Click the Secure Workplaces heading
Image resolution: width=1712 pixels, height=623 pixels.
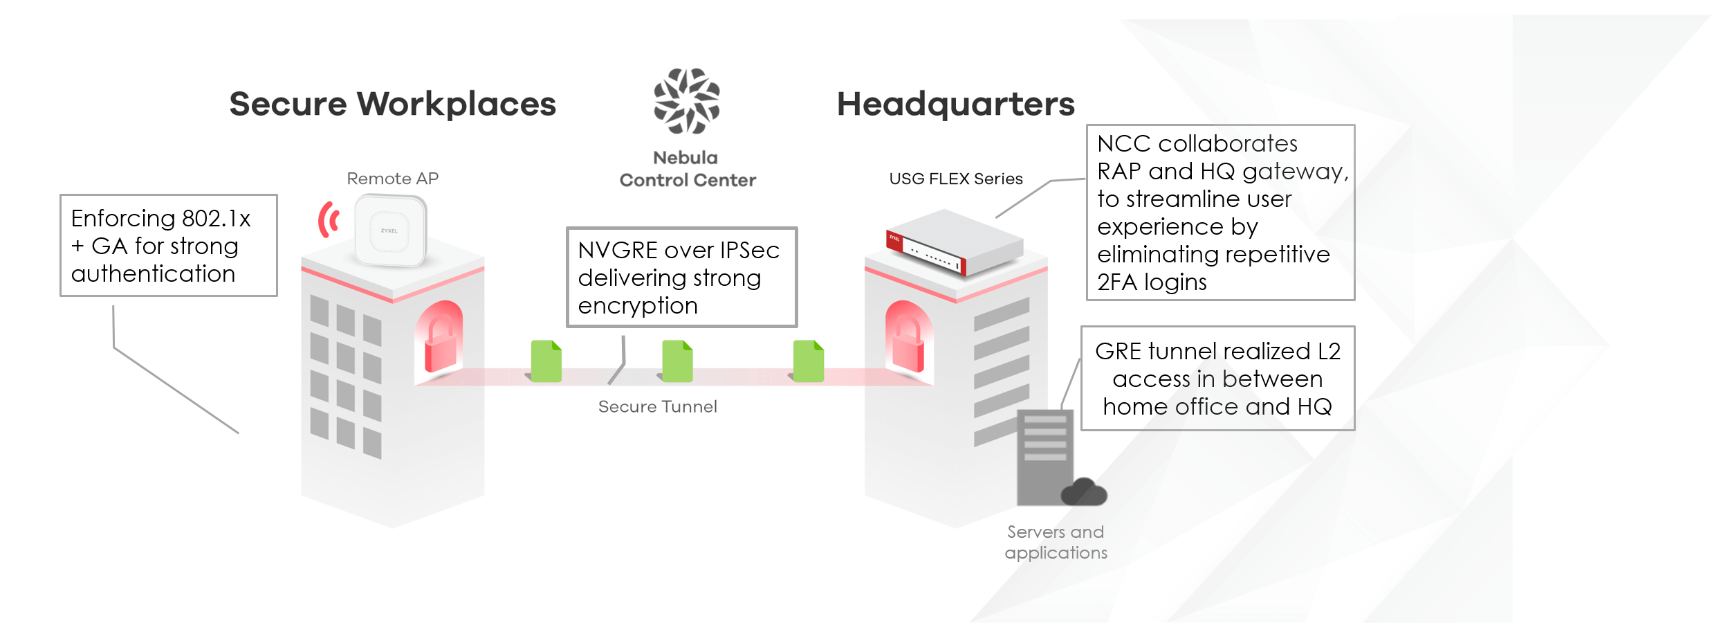click(x=393, y=104)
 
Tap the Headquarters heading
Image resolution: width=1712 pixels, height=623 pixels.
click(x=956, y=104)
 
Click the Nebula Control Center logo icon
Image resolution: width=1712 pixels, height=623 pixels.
click(x=687, y=100)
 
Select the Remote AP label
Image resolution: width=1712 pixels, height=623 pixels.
click(x=393, y=179)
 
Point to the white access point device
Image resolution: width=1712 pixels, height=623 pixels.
click(x=390, y=231)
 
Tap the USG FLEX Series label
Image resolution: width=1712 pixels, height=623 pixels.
click(x=956, y=179)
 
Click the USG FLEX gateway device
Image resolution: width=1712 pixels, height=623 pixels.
click(x=955, y=242)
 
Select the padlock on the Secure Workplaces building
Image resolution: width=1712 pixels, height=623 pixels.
click(x=441, y=339)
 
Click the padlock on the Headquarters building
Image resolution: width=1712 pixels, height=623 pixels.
click(x=908, y=339)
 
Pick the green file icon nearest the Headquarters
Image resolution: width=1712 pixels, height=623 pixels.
click(x=808, y=361)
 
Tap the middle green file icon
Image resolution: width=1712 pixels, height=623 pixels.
click(x=677, y=361)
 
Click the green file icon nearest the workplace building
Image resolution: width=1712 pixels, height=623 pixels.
click(x=546, y=361)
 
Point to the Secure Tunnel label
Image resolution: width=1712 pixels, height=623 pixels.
click(x=658, y=406)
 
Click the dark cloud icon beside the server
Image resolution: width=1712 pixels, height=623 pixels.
click(x=1084, y=491)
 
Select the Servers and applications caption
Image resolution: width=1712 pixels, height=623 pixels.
click(x=1056, y=542)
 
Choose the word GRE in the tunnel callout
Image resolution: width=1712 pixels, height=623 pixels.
click(x=1119, y=352)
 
